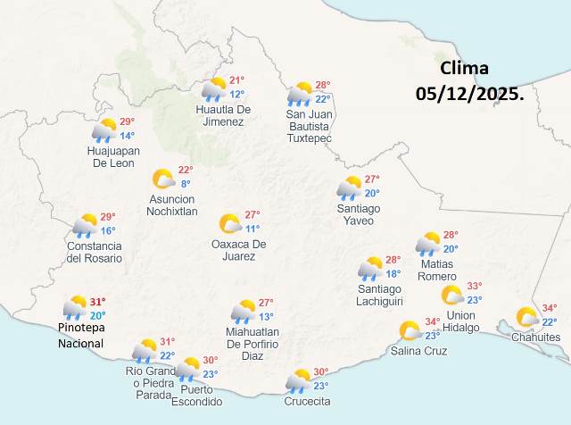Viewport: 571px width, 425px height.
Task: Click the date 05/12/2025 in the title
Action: click(470, 93)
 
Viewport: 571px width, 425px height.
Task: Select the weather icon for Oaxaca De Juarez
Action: click(230, 223)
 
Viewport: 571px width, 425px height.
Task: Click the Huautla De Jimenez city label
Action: click(223, 116)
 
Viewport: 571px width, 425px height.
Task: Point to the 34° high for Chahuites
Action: click(550, 308)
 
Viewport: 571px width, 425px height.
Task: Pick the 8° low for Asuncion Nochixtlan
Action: click(186, 184)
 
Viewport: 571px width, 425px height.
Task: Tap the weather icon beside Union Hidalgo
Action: click(452, 296)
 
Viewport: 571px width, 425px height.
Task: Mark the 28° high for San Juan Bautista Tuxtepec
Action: click(322, 85)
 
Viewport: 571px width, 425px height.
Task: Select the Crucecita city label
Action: click(307, 401)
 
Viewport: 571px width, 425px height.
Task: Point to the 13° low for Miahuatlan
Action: click(266, 317)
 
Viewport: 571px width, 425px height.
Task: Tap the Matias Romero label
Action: click(435, 270)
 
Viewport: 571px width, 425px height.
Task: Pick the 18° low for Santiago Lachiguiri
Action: click(393, 274)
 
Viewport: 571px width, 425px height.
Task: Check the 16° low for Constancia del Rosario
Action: click(107, 230)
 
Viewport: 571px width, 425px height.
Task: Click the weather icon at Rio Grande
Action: click(145, 350)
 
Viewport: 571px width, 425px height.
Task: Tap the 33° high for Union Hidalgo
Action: click(474, 286)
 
